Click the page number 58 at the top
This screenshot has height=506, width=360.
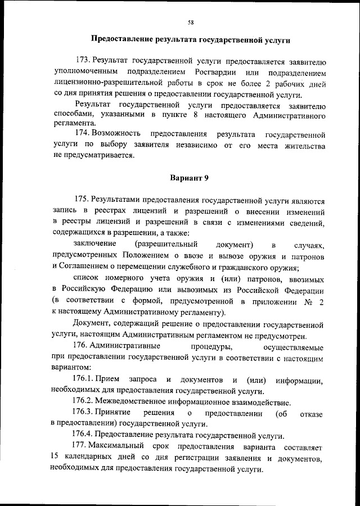[x=191, y=22]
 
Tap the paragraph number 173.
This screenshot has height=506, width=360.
[x=83, y=60]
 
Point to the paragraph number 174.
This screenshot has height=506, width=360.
[x=83, y=135]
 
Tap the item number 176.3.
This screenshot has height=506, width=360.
[x=83, y=413]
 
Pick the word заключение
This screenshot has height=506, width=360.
[x=95, y=244]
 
